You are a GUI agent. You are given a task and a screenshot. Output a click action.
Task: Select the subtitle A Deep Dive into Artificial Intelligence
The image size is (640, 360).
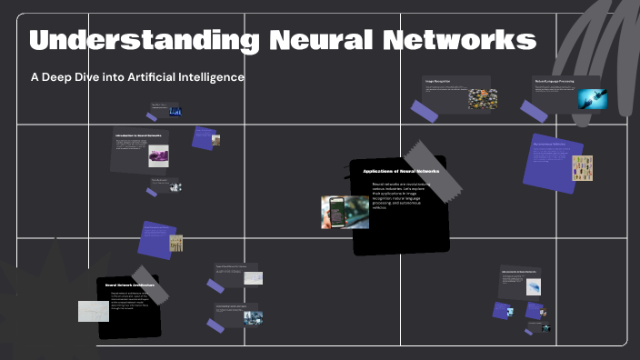pos(137,77)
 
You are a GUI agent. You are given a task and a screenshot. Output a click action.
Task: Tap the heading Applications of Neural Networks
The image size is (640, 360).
pos(400,171)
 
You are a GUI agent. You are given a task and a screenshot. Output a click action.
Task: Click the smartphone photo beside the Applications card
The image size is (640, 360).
pos(345,212)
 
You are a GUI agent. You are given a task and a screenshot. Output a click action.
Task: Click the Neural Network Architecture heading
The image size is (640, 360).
pos(128,285)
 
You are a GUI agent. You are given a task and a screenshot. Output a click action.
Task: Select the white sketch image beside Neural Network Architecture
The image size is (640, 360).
pos(93,311)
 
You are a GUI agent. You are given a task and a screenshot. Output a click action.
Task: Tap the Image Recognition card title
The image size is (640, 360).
pos(438,82)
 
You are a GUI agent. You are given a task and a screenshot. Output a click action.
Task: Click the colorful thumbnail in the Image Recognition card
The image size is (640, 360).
pos(482,98)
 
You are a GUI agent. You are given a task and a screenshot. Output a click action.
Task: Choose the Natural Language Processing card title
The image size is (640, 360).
pos(554,81)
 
